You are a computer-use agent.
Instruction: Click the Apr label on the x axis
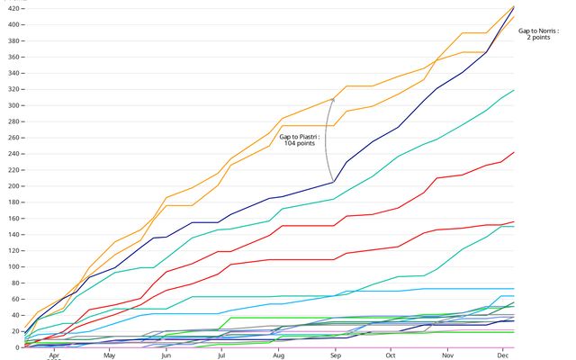pos(54,355)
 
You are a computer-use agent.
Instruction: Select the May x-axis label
pos(110,355)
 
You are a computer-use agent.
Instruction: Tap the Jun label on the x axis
pos(166,355)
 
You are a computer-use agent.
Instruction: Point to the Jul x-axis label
pos(221,355)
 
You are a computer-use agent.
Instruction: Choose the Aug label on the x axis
pos(278,355)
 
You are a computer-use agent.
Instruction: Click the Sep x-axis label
pos(335,355)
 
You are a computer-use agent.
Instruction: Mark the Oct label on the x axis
pos(391,355)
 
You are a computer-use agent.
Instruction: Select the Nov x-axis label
pos(446,355)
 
